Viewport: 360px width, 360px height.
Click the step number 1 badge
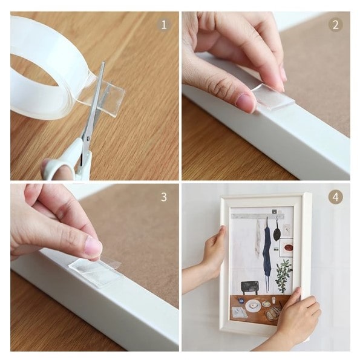(164, 25)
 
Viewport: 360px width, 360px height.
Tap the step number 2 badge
(335, 25)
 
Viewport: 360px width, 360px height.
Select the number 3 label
(164, 197)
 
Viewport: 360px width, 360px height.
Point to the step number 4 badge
(335, 197)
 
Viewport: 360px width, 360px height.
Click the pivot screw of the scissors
(88, 139)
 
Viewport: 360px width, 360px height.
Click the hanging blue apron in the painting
(267, 248)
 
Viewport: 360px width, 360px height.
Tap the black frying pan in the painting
(277, 232)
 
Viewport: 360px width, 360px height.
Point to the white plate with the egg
(253, 306)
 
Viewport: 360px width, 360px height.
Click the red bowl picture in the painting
(289, 247)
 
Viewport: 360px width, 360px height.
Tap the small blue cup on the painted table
(240, 299)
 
